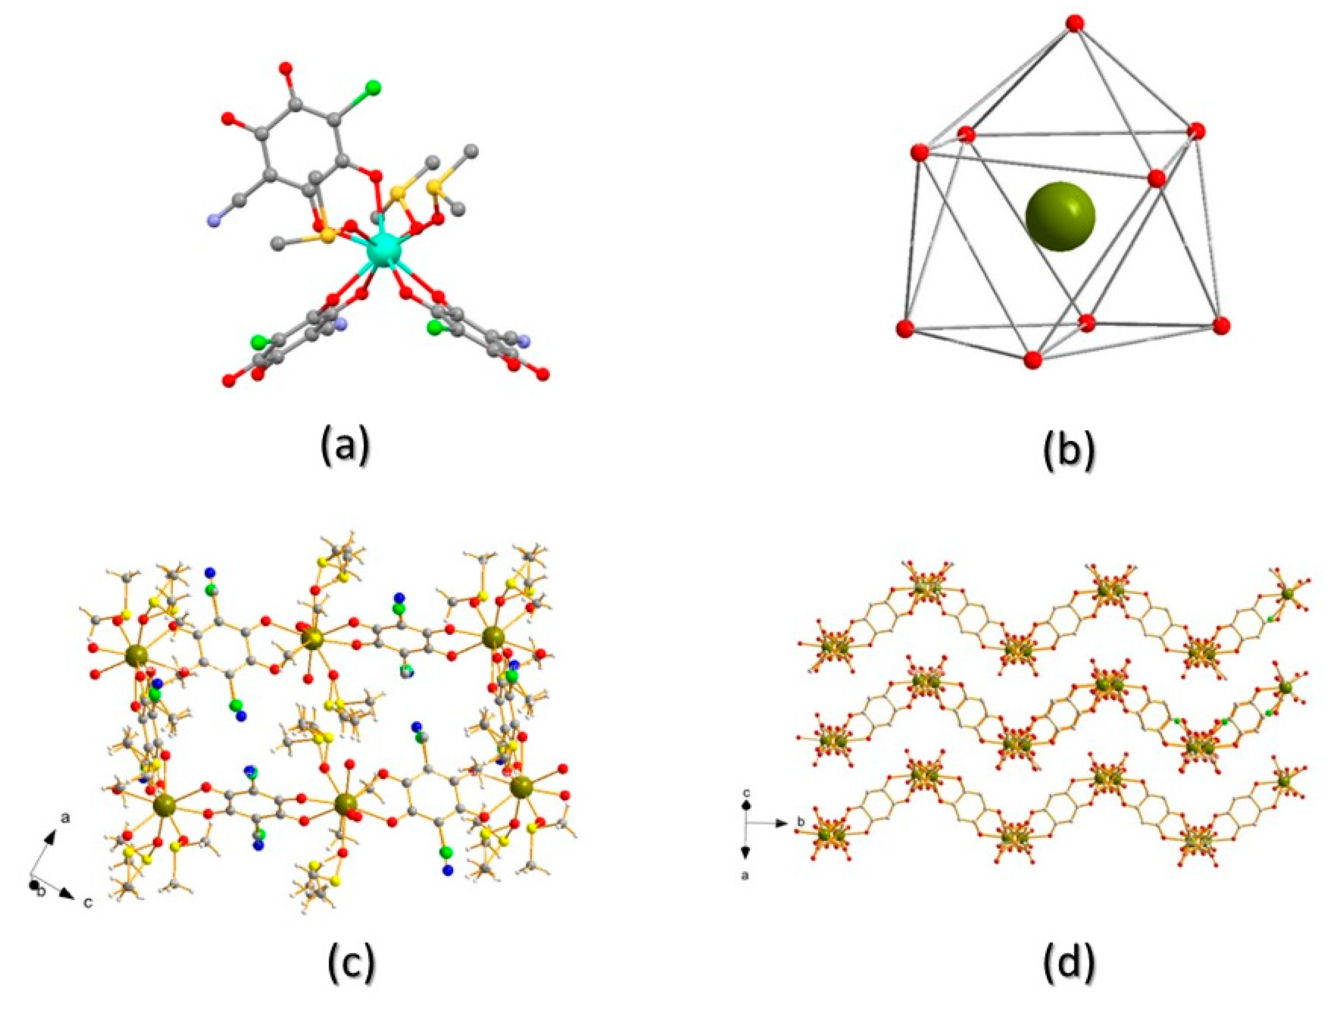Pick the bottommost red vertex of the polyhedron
pyautogui.click(x=1033, y=360)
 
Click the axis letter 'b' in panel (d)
pyautogui.click(x=802, y=822)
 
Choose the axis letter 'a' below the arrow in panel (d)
pyautogui.click(x=745, y=875)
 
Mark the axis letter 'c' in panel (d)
pyautogui.click(x=746, y=791)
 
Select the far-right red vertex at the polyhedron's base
pyautogui.click(x=1222, y=325)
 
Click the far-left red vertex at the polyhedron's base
pyautogui.click(x=905, y=329)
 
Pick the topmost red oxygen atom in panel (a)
pyautogui.click(x=287, y=67)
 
